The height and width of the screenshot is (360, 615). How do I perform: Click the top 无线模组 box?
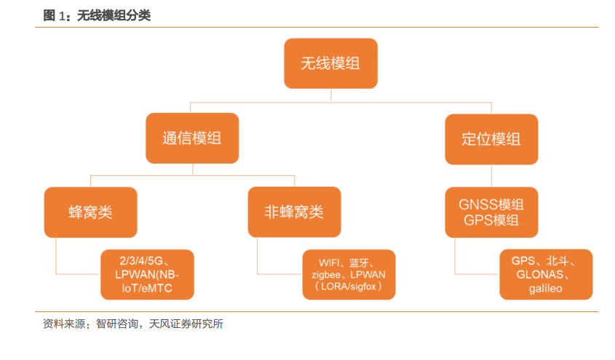point(330,63)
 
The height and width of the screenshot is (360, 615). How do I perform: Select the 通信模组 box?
point(192,138)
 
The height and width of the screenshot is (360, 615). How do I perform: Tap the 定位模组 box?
point(491,139)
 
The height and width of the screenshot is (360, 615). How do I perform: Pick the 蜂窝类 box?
point(90,212)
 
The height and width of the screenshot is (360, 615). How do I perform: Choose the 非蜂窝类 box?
point(294,212)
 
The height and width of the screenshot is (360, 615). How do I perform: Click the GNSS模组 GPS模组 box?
point(491,212)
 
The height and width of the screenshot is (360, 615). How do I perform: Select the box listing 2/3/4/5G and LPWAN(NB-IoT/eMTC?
point(147,275)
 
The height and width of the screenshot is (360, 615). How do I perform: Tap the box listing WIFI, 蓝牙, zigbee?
point(349,275)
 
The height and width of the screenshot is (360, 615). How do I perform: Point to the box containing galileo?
point(546,274)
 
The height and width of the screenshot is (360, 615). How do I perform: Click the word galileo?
point(546,289)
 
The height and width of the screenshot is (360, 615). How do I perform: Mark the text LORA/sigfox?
point(349,287)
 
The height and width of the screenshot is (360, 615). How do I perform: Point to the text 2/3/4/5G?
point(141,261)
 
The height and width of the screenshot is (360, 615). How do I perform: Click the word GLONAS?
point(540,274)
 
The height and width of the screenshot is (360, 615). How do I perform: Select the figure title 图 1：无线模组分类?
point(97,15)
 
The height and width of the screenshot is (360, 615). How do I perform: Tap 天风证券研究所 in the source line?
point(186,324)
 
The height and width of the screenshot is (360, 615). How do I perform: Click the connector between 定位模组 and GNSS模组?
point(491,175)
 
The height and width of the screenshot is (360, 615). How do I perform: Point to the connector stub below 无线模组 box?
point(331,95)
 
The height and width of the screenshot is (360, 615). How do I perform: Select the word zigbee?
point(326,275)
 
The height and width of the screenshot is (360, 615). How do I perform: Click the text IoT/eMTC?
point(147,288)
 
